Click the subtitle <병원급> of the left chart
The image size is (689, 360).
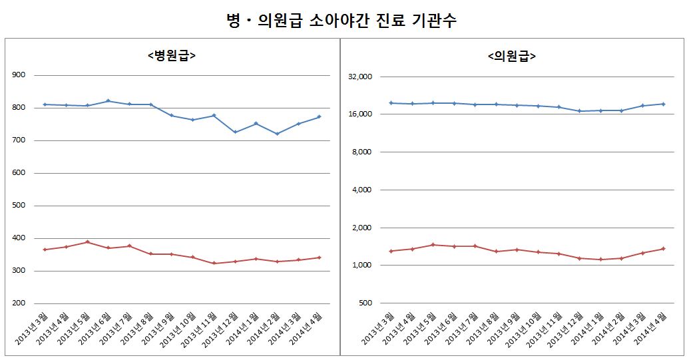click(171, 57)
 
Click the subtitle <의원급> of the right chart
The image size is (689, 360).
click(512, 57)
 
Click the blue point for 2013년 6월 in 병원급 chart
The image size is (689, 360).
click(109, 101)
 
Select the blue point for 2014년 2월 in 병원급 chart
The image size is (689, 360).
click(278, 134)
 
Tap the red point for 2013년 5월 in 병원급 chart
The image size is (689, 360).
click(87, 242)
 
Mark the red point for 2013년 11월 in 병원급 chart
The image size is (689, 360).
click(214, 264)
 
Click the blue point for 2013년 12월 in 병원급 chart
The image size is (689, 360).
click(236, 132)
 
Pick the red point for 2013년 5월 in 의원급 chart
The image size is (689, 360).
click(433, 245)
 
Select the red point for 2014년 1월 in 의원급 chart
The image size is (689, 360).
click(600, 260)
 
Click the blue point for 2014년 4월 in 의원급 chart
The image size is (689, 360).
click(664, 104)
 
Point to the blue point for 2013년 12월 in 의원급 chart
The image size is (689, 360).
click(580, 111)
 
